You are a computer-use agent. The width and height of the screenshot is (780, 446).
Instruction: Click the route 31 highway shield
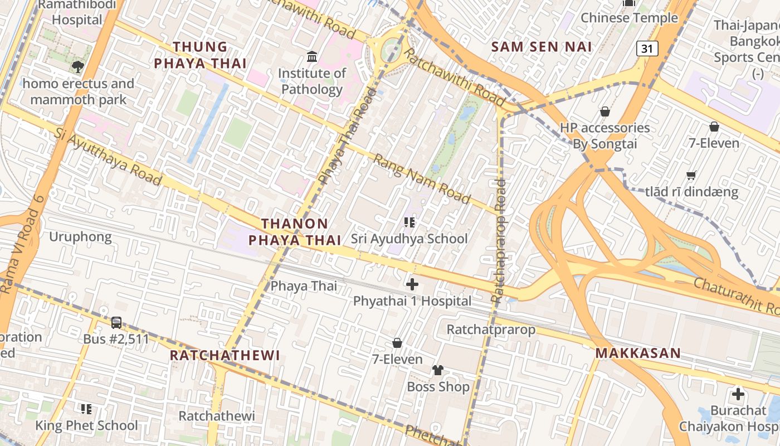(647, 49)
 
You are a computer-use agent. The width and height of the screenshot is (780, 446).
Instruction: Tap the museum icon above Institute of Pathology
(312, 56)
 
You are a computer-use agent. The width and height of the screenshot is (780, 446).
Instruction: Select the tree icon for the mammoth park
(78, 67)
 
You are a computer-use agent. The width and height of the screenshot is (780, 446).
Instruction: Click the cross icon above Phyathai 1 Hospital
(412, 284)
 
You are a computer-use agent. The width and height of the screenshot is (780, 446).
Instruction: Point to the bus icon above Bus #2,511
(116, 322)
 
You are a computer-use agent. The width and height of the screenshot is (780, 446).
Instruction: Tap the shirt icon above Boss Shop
(438, 370)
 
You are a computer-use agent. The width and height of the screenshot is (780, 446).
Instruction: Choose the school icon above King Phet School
(86, 409)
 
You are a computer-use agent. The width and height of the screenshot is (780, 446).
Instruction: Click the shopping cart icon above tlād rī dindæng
(691, 176)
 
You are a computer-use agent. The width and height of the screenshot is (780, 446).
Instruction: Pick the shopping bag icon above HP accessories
(604, 111)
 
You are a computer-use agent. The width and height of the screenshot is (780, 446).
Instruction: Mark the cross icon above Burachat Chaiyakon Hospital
(738, 394)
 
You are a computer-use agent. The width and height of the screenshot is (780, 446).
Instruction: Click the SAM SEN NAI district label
(541, 47)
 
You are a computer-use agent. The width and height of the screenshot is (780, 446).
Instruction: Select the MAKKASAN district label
(638, 353)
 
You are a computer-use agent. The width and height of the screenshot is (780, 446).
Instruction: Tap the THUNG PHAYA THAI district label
(200, 55)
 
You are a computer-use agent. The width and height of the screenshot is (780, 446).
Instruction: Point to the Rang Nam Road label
(422, 178)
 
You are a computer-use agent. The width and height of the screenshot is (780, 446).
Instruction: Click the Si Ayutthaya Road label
(109, 157)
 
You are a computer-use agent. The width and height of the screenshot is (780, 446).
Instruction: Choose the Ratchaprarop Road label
(500, 240)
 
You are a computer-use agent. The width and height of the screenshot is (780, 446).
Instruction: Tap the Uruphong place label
(80, 237)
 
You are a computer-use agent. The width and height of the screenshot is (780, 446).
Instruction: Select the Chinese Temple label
(629, 18)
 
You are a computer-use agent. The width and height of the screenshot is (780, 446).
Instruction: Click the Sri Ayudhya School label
(409, 239)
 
